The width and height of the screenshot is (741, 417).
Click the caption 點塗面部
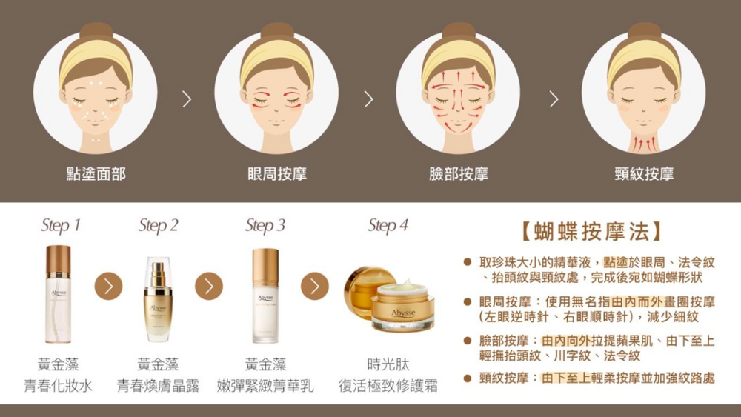point(96,174)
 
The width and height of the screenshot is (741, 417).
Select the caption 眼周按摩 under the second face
point(277,174)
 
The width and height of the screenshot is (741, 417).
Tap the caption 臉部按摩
point(459,174)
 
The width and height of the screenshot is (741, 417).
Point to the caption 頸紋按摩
point(644,174)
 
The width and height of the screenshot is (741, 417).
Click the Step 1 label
point(61,225)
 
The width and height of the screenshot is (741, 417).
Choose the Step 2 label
point(159,225)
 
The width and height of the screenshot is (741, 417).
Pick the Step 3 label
point(265,225)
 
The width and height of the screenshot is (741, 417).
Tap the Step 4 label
point(388,225)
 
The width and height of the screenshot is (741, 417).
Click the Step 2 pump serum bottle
point(158,299)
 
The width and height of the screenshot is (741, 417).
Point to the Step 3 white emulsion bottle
point(265,296)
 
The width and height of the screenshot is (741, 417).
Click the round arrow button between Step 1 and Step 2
point(108,286)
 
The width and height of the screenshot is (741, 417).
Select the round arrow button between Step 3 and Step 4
point(314,286)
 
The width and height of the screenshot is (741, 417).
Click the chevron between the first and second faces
point(186,99)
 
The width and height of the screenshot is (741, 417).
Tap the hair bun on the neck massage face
point(643,31)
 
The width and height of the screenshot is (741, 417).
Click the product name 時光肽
point(388,365)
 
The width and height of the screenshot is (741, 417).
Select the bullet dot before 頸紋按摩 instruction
point(468,378)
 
